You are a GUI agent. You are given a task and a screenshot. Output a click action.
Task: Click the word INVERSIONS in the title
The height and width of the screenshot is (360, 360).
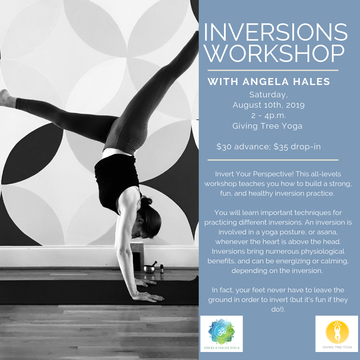click(x=275, y=32)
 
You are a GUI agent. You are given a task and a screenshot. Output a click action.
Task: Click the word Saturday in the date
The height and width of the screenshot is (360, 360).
click(x=268, y=95)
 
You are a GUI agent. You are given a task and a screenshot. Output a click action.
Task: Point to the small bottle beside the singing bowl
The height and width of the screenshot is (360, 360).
click(x=162, y=268)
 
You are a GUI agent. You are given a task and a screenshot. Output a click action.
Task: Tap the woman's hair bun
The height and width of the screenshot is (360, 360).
click(x=146, y=201)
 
